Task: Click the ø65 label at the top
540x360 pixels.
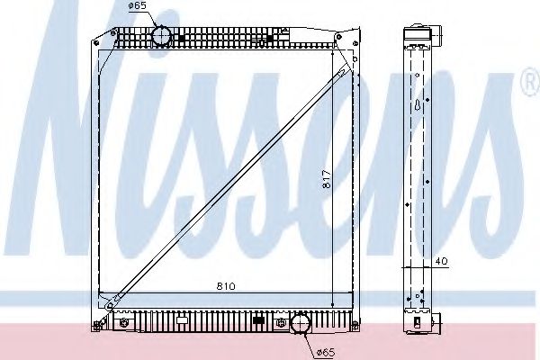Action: coord(137,5)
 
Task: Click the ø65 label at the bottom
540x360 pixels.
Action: coord(326,352)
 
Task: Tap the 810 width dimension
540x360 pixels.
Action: coord(226,286)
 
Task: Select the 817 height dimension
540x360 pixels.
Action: coord(327,179)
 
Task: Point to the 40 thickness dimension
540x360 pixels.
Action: coord(441,261)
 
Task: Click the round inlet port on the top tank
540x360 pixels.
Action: coord(161,35)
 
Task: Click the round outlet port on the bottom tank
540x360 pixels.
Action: coord(301,323)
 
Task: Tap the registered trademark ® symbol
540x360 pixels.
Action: coord(531,82)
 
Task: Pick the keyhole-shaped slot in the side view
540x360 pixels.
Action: coord(418,105)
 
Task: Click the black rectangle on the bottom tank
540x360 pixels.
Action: coord(258,320)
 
